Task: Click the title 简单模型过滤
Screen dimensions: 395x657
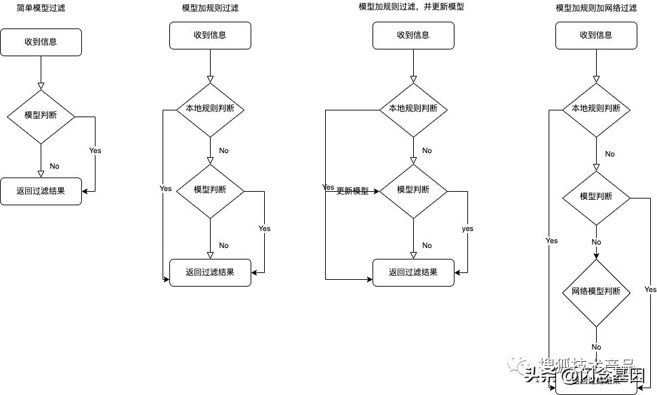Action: click(x=41, y=8)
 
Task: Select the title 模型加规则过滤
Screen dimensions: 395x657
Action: click(x=210, y=8)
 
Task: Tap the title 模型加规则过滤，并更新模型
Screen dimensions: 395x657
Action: click(x=411, y=7)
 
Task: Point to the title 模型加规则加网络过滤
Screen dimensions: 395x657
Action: click(x=596, y=8)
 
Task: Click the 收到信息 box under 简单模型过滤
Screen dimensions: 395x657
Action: click(x=41, y=42)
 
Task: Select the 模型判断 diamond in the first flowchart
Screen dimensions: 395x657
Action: click(x=41, y=115)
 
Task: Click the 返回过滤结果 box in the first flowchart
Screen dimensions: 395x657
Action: click(x=41, y=191)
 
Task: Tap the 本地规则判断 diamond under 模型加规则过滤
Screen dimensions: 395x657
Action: click(x=210, y=108)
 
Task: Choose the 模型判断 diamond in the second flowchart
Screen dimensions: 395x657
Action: click(x=210, y=190)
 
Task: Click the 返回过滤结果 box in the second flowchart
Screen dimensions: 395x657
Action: click(x=210, y=272)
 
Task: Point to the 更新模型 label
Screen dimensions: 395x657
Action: click(x=352, y=191)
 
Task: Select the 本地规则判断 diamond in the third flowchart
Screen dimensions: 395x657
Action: click(x=413, y=108)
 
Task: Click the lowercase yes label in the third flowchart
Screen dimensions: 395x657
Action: click(x=467, y=229)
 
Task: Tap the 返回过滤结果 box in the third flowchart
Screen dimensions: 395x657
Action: click(x=413, y=272)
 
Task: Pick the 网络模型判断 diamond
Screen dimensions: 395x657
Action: click(x=596, y=291)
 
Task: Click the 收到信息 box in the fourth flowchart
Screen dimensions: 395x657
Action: click(x=596, y=35)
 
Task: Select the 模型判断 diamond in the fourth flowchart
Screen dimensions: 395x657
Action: click(x=596, y=196)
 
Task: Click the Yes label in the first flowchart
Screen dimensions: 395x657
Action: click(x=95, y=150)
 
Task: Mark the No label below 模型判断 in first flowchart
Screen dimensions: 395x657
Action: click(x=54, y=166)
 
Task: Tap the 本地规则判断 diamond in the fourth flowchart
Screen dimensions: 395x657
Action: click(x=596, y=108)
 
